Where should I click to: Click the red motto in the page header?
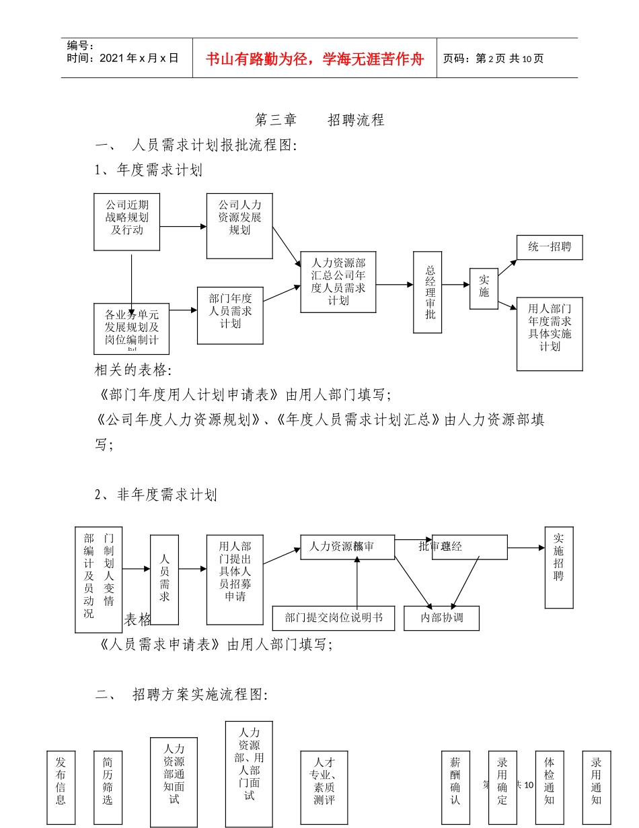click(315, 59)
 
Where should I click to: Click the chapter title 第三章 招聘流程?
click(319, 120)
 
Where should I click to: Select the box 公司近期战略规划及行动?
click(127, 221)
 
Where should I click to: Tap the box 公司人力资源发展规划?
click(239, 225)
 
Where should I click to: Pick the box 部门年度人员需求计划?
click(230, 315)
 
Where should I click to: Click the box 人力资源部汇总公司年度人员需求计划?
click(338, 281)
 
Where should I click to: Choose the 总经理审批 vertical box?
click(428, 291)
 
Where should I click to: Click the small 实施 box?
click(484, 288)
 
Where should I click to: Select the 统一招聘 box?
click(549, 247)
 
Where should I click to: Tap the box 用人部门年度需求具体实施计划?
click(549, 333)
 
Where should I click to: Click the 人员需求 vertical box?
click(164, 580)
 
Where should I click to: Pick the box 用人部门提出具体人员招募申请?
click(235, 580)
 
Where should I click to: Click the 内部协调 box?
click(441, 618)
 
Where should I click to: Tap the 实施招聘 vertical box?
click(558, 567)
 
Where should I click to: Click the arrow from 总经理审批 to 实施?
click(456, 285)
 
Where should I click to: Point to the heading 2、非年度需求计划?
click(156, 495)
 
